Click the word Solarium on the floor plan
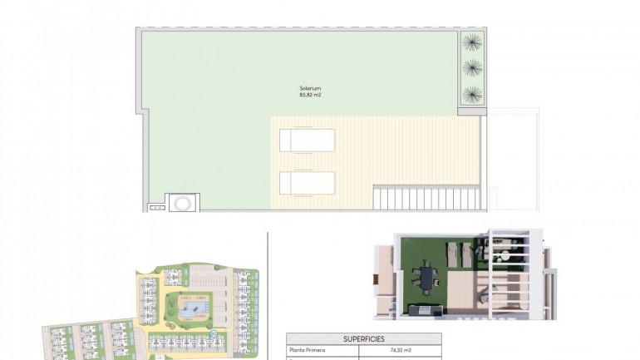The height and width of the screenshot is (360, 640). pyautogui.click(x=310, y=88)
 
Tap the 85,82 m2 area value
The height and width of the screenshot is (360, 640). pyautogui.click(x=310, y=96)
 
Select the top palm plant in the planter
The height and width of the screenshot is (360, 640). pyautogui.click(x=471, y=41)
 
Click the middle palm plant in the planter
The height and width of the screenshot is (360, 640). pyautogui.click(x=471, y=67)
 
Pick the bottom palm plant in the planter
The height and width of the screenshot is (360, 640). pyautogui.click(x=471, y=94)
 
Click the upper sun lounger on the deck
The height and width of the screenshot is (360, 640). pyautogui.click(x=307, y=140)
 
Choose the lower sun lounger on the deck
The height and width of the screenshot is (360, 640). pyautogui.click(x=307, y=183)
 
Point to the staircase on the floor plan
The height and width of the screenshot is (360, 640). pyautogui.click(x=426, y=197)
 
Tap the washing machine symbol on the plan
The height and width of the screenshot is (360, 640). pyautogui.click(x=183, y=203)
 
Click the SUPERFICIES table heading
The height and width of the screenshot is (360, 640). pyautogui.click(x=363, y=339)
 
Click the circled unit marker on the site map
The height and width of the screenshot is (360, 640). pyautogui.click(x=214, y=334)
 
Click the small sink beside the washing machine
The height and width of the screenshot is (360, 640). pyautogui.click(x=155, y=205)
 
